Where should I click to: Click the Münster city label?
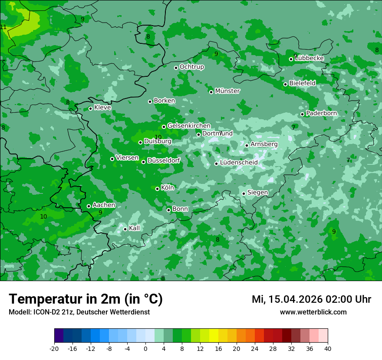click(x=227, y=91)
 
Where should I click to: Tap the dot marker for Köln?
click(x=157, y=189)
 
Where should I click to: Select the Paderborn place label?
click(x=321, y=113)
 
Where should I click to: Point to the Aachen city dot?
click(x=89, y=206)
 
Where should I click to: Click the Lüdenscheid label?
click(x=239, y=163)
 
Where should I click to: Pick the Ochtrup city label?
click(x=191, y=67)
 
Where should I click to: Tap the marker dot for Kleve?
click(x=90, y=108)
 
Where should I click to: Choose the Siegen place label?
click(x=257, y=193)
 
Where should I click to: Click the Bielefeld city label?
click(x=302, y=83)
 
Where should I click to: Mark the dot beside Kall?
click(x=125, y=229)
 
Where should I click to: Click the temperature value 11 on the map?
click(x=3, y=27)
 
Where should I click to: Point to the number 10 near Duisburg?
click(x=158, y=137)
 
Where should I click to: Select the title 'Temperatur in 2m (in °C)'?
click(x=86, y=299)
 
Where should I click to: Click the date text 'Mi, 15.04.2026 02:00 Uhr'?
click(x=311, y=299)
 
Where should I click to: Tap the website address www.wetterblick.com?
click(x=313, y=312)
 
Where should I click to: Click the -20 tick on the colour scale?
click(x=54, y=348)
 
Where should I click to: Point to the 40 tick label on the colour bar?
click(x=328, y=348)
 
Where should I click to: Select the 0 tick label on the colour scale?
click(x=145, y=348)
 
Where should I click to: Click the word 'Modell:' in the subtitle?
click(x=19, y=312)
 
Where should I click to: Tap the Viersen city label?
click(x=127, y=158)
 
